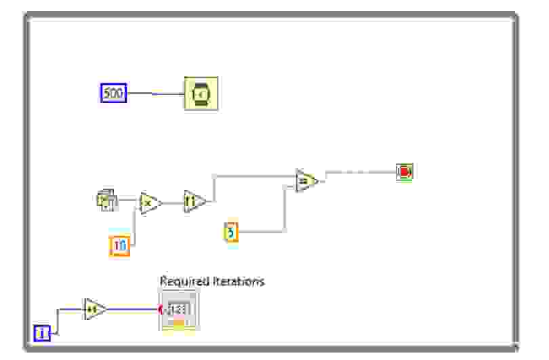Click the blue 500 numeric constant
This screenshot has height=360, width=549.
point(114,93)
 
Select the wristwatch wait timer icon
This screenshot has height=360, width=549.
point(201,94)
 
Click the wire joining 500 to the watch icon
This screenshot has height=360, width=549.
point(156,94)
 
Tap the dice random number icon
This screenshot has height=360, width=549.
point(107,201)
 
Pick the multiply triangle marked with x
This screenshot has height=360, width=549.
point(149,203)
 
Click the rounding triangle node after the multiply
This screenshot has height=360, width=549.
point(194,201)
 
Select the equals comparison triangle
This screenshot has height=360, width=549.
point(306,181)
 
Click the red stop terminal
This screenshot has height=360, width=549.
point(405,172)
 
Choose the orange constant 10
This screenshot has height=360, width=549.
point(119,246)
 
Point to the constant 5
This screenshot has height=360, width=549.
point(231,233)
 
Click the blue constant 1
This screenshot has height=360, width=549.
point(42,333)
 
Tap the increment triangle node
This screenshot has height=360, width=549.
point(94,310)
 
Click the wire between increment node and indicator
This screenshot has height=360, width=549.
point(132,311)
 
